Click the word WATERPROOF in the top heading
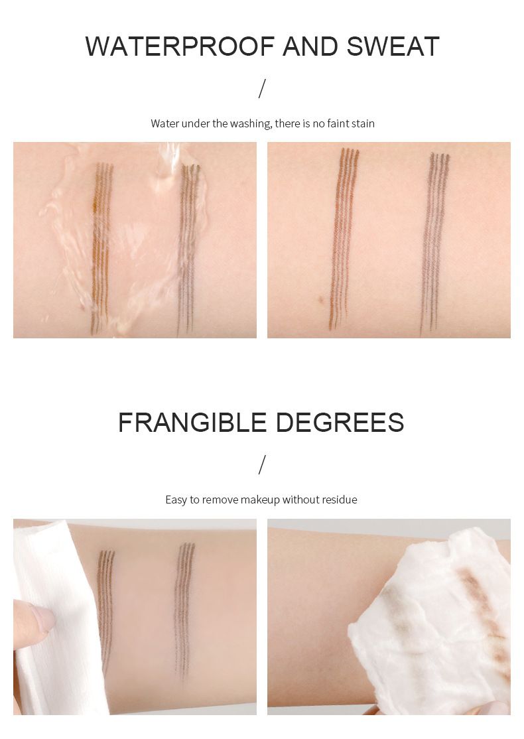tap(180, 46)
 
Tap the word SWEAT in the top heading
tap(393, 46)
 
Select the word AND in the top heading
tap(310, 46)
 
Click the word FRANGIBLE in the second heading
tap(192, 423)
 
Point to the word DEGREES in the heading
tap(340, 423)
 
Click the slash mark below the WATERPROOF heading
tap(262, 89)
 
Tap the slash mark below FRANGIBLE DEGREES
tap(262, 465)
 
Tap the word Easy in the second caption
tap(176, 500)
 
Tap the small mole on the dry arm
tap(320, 299)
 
